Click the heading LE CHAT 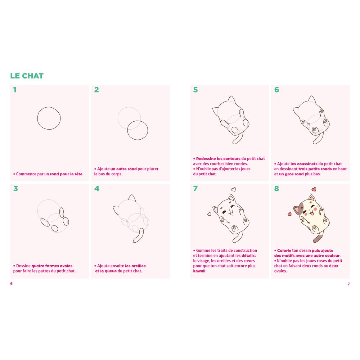tap(27, 76)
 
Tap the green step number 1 tap(15, 90)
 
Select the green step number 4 tap(96, 189)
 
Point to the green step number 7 tap(195, 189)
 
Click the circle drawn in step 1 tap(37, 118)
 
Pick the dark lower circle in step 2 tap(127, 130)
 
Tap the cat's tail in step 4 tap(139, 235)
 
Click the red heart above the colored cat tap(314, 189)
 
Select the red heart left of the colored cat tap(289, 214)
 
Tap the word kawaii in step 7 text tap(199, 271)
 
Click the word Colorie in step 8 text tap(284, 251)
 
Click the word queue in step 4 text tap(111, 271)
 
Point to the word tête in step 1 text tap(78, 174)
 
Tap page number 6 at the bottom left tap(11, 284)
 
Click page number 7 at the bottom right tap(348, 284)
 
